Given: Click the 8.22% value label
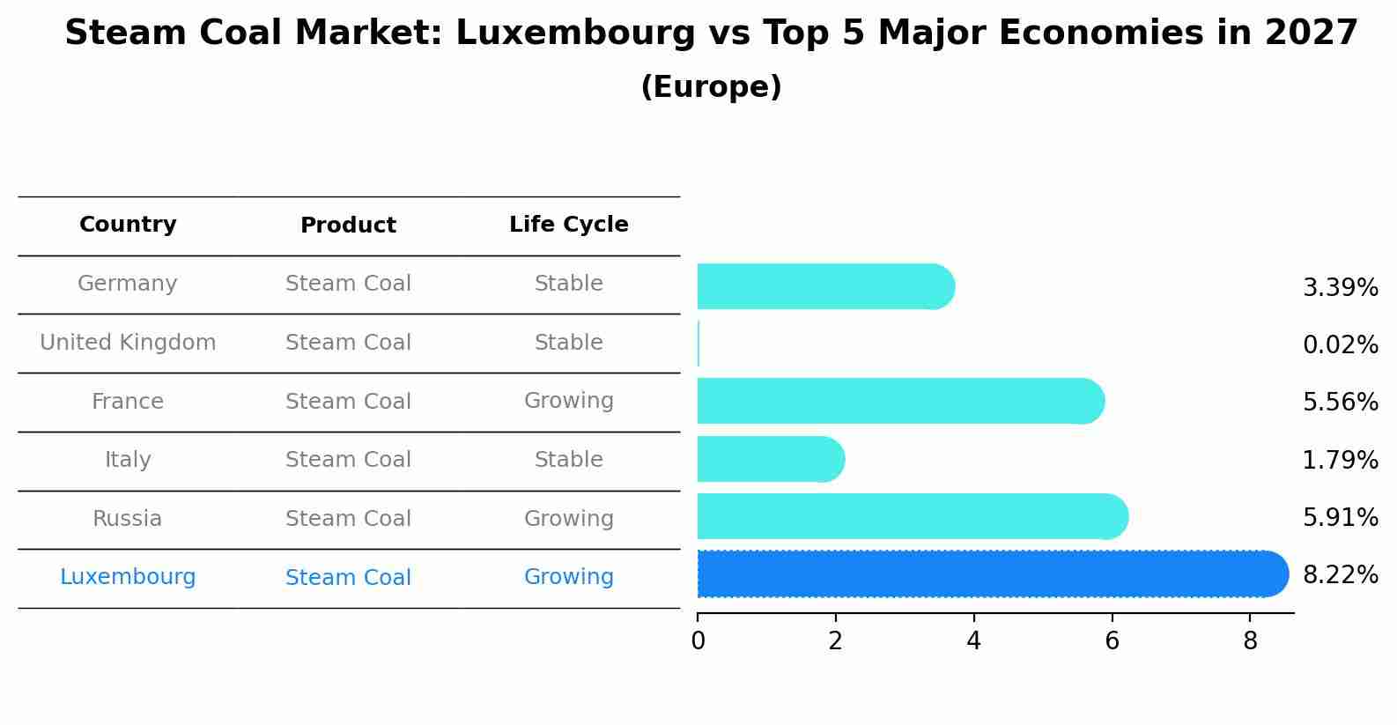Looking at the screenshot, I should point(1340,575).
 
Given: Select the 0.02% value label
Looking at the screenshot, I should point(1340,345).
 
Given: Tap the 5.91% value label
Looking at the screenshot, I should point(1340,518).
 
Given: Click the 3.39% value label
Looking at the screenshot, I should point(1340,288).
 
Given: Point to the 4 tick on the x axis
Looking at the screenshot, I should point(973,641).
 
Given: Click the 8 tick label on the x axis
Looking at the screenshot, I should point(1250,641).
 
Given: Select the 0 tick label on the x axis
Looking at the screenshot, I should point(698,641).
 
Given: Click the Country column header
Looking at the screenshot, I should point(128,225).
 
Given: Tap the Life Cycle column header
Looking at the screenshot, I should point(569,225).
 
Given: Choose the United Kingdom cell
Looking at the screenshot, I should point(128,343).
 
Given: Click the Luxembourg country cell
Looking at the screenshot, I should point(128,577).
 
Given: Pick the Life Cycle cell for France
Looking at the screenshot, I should point(569,401).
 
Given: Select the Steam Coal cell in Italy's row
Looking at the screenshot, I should point(348,460).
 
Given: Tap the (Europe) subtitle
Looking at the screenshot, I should point(711,87).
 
